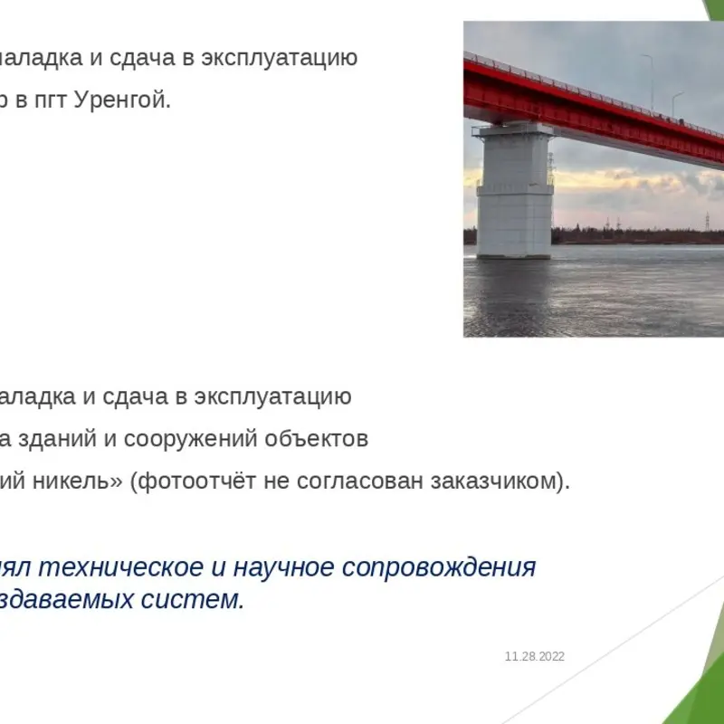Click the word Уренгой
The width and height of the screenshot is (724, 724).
tap(122, 100)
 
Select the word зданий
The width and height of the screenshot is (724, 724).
tap(57, 439)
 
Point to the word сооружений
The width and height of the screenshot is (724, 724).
tap(190, 440)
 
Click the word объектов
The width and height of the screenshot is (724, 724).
tap(316, 439)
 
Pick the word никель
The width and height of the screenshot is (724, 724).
tap(78, 481)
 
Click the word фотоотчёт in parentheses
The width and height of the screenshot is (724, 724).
tap(194, 481)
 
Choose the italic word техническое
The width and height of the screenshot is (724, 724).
tap(121, 567)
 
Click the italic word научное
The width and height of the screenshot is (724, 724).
tap(283, 568)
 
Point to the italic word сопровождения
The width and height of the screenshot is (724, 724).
tap(439, 568)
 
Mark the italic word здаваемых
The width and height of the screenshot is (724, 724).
tap(66, 600)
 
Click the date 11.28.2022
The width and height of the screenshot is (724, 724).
tap(535, 657)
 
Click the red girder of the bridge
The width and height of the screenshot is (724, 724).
tap(594, 111)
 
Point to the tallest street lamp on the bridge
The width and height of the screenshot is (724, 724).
tap(649, 81)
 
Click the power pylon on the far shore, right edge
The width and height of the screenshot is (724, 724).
tap(707, 221)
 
